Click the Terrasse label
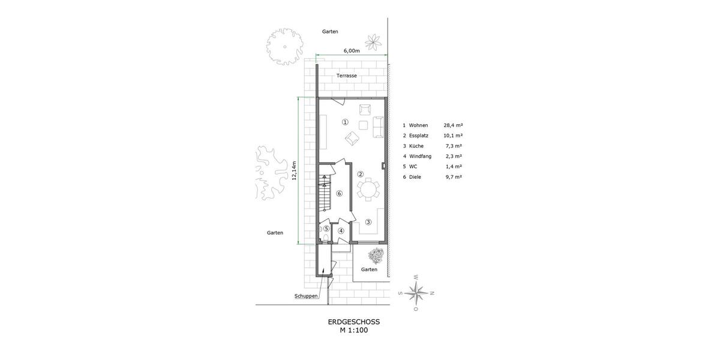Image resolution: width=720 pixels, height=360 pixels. (x=347, y=76)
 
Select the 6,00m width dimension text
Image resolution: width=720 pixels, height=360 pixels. (x=352, y=51)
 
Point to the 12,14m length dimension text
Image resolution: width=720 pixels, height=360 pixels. (x=295, y=170)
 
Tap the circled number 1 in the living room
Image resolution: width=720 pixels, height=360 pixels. (x=345, y=122)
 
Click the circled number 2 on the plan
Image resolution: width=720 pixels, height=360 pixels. (x=360, y=175)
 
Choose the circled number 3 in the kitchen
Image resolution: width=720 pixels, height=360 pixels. (x=368, y=221)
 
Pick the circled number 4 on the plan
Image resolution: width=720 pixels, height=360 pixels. (x=341, y=231)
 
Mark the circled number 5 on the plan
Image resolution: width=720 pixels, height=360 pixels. (x=326, y=229)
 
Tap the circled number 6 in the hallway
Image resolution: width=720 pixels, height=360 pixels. (x=339, y=193)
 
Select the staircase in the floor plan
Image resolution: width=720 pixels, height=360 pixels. (x=324, y=193)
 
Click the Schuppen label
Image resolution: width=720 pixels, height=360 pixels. (x=306, y=296)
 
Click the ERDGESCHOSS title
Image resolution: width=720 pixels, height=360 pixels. (x=353, y=322)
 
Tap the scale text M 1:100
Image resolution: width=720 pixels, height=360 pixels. (x=353, y=330)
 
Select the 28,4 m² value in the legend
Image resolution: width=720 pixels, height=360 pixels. (x=453, y=125)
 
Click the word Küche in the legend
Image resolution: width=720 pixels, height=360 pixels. (x=416, y=146)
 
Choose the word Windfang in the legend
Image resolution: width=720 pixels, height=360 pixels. (x=420, y=156)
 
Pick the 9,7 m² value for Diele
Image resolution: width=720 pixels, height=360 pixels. (x=453, y=177)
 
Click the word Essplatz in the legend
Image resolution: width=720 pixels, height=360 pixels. (x=419, y=136)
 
